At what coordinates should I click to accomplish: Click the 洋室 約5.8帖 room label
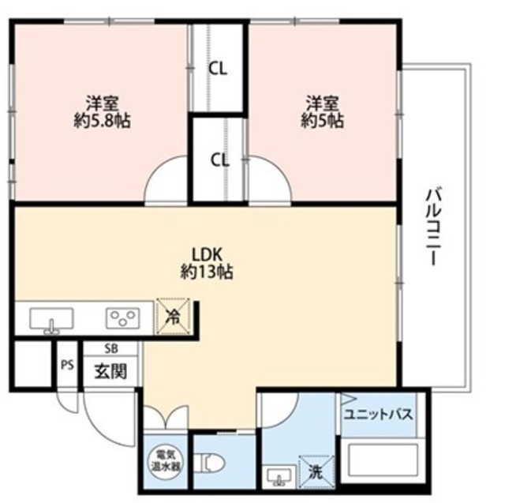[102, 112]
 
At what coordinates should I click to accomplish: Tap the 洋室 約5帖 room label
[323, 112]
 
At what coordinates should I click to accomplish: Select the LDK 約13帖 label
[207, 263]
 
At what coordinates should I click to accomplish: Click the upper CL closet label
[218, 69]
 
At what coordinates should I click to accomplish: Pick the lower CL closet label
[220, 160]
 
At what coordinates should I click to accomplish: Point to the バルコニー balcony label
[432, 227]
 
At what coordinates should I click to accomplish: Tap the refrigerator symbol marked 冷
[173, 317]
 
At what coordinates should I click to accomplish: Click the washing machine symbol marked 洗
[316, 472]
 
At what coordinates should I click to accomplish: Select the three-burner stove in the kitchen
[123, 318]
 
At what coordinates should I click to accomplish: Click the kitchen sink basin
[51, 319]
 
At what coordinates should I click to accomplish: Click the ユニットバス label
[379, 415]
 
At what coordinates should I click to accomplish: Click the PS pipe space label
[67, 366]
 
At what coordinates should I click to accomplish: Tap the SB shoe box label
[111, 348]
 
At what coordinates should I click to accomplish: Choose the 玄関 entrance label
[110, 372]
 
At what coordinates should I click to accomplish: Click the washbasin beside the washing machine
[279, 475]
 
